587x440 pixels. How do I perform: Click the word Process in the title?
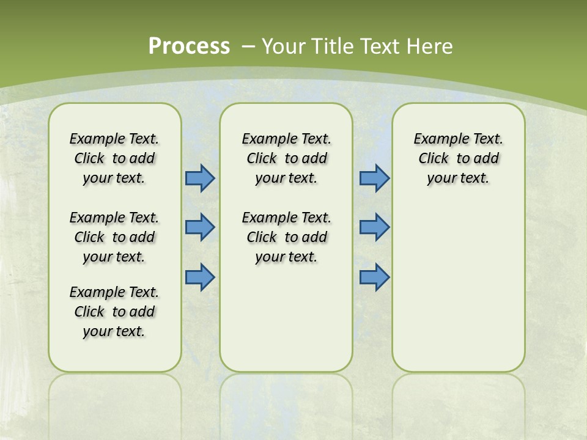coord(189,46)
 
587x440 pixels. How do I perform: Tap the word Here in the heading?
coord(430,46)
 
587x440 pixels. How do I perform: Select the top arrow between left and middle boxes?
coord(200,178)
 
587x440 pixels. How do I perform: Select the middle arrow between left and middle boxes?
coord(200,227)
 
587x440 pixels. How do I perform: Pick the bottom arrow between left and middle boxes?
coord(200,277)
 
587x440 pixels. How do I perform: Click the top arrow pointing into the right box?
coord(374,178)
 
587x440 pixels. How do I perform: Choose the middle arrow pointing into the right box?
coord(374,227)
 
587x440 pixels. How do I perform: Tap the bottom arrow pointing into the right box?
coord(374,277)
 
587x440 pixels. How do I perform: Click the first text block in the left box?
coord(114,158)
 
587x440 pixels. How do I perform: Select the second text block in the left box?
coord(114,237)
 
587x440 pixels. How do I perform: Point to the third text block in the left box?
coord(114,312)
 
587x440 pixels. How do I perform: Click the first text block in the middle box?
coord(286,158)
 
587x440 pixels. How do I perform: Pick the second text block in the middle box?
coord(286,237)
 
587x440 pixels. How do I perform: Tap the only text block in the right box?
coord(458,158)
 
